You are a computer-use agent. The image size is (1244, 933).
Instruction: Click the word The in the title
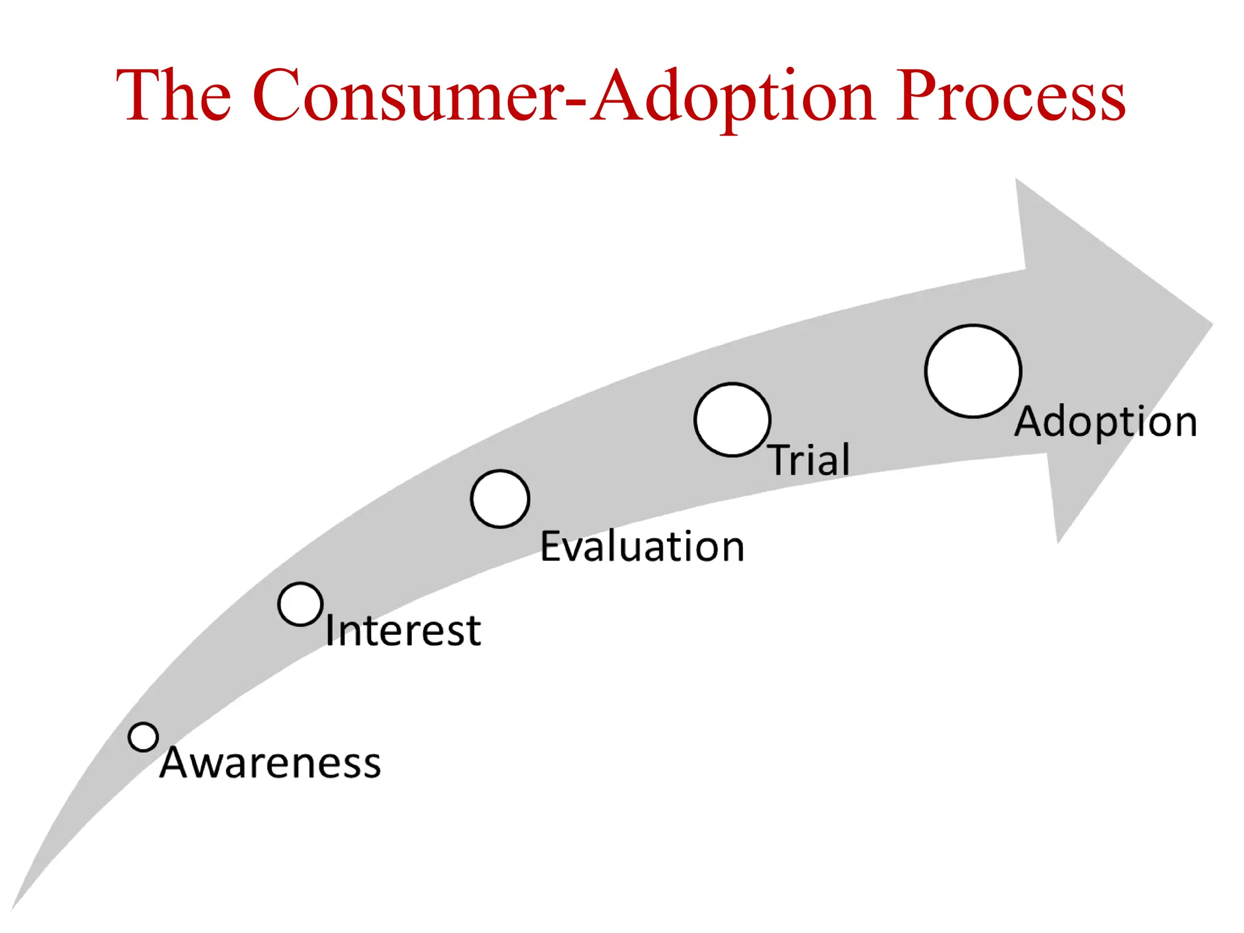174,96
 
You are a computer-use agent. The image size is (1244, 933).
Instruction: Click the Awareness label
270,762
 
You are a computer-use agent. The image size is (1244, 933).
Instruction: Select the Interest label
403,630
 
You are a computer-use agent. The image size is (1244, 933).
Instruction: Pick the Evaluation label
642,546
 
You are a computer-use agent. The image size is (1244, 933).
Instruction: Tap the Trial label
810,459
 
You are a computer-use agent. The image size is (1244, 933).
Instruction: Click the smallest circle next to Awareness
143,737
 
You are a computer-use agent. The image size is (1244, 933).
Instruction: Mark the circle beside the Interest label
300,604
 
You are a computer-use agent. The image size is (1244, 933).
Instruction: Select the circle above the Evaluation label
500,499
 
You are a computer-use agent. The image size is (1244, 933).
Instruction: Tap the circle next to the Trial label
733,419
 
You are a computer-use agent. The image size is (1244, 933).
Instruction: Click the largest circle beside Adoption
973,371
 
